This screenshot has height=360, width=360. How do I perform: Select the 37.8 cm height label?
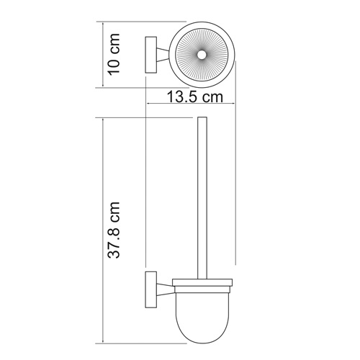(114, 230)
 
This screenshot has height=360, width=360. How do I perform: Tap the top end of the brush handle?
(202, 119)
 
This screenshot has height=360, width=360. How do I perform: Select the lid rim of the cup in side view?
(202, 279)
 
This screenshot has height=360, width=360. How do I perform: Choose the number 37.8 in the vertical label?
(114, 241)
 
